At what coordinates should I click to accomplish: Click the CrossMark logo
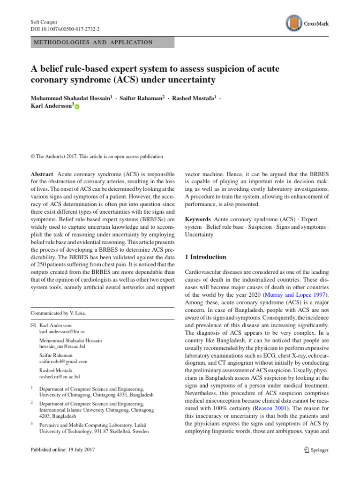[x=307, y=23]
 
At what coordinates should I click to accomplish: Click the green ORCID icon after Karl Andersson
[x=77, y=107]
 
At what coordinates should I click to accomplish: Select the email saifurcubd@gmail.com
[x=64, y=361]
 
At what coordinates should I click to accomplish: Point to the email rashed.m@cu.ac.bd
[x=60, y=376]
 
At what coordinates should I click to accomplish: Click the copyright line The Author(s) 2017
[x=96, y=156]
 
